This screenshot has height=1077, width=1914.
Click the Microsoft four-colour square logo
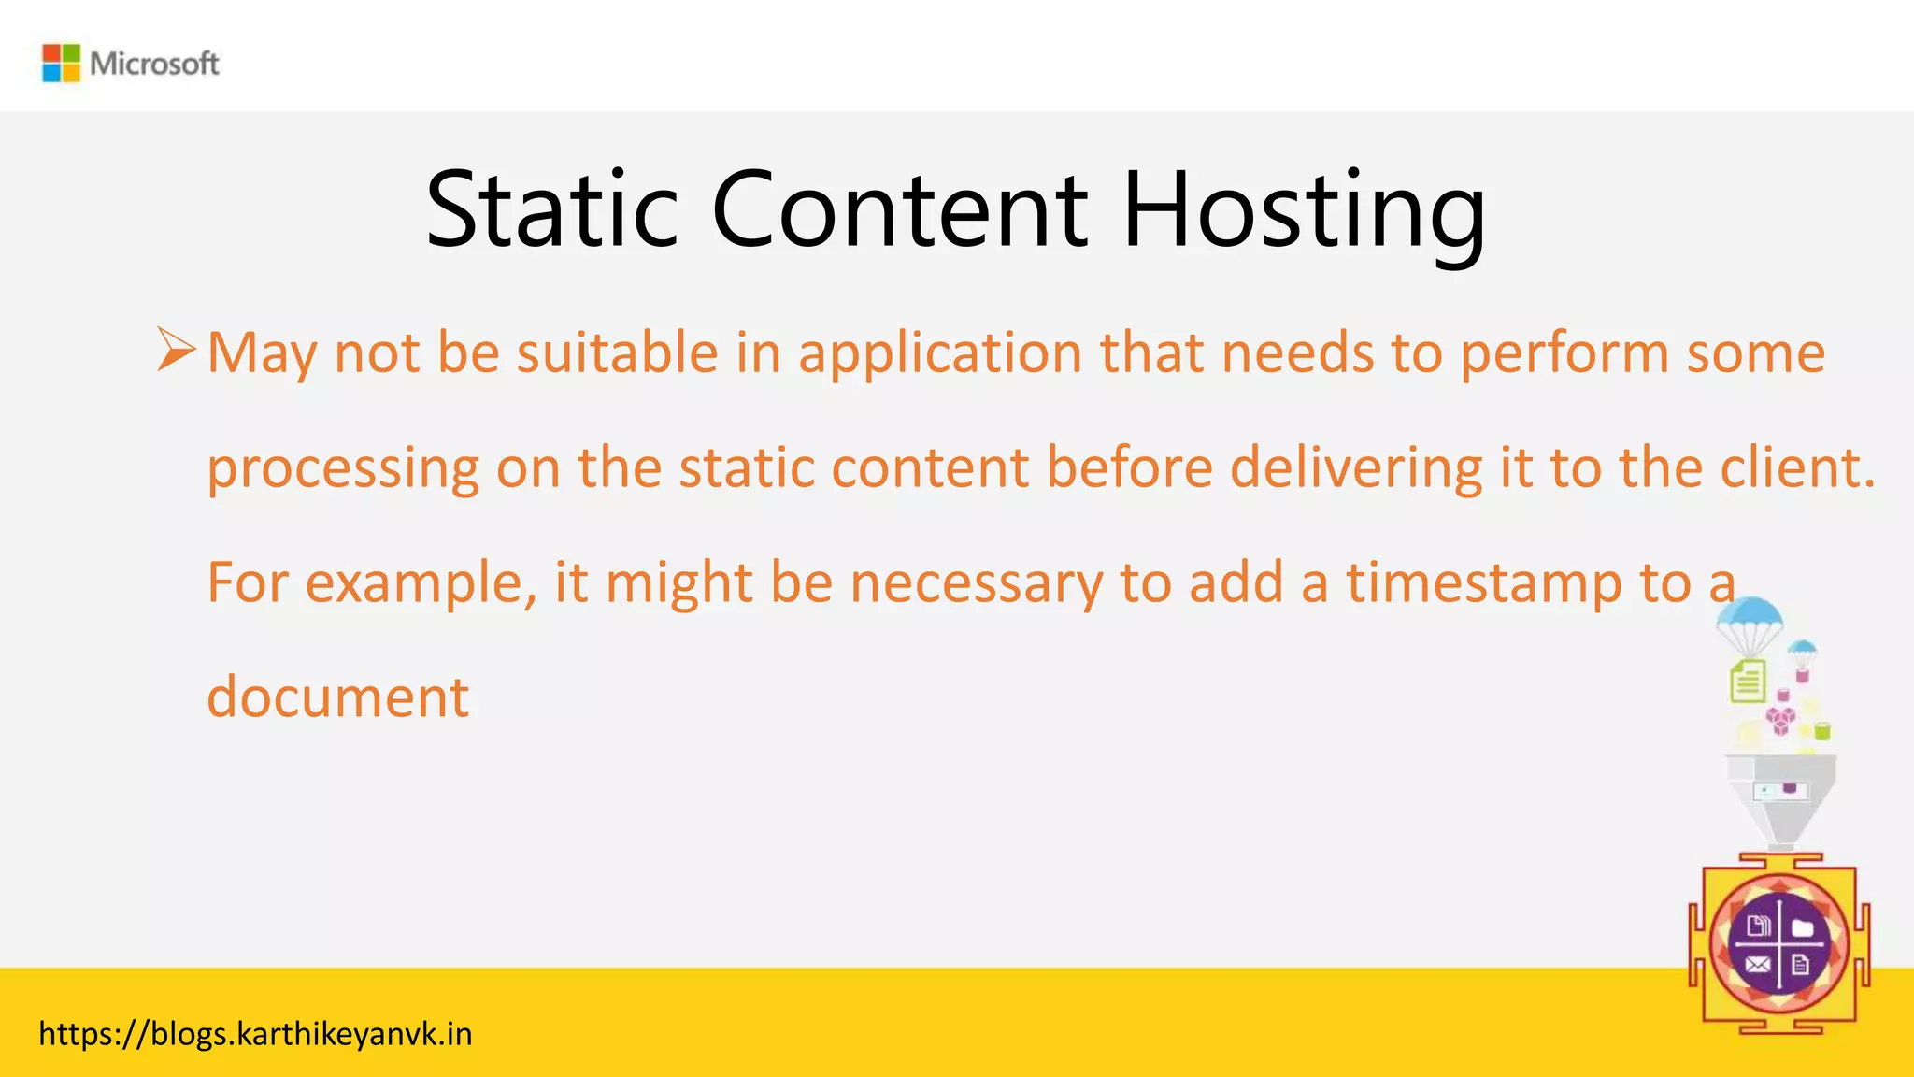[61, 64]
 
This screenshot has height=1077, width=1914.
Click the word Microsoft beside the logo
[154, 64]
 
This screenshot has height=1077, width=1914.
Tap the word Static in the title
[551, 210]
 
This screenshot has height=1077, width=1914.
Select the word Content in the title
[899, 210]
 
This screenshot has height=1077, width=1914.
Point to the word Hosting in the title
[1303, 210]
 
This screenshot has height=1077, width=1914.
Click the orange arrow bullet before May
[176, 351]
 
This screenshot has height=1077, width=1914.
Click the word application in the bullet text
[939, 353]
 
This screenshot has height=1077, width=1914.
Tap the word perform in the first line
[1564, 353]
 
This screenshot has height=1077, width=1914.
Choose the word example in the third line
[421, 583]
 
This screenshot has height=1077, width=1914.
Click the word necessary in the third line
[976, 583]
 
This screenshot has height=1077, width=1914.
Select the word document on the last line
[337, 697]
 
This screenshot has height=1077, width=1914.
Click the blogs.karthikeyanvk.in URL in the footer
[255, 1034]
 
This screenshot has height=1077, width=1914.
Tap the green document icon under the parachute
[1748, 681]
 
